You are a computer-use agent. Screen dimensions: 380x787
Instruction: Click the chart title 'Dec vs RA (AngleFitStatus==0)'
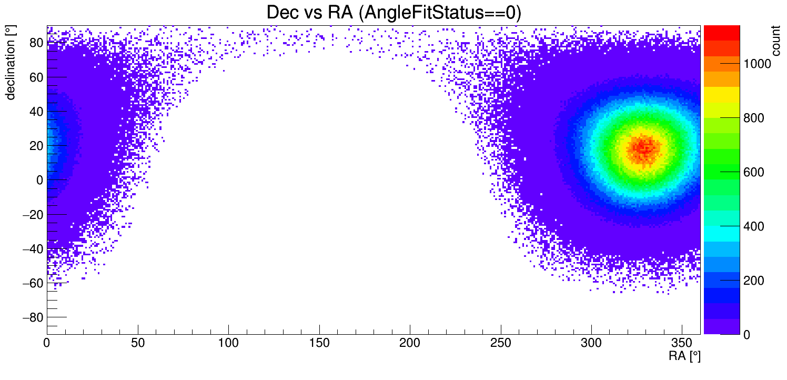coord(394,13)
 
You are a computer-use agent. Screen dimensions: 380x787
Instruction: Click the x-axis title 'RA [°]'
coord(684,356)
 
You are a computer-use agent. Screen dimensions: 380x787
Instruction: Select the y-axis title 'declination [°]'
coord(11,63)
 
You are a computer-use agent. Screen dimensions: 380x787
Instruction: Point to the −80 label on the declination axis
coord(32,317)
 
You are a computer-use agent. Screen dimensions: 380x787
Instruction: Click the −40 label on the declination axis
coord(32,248)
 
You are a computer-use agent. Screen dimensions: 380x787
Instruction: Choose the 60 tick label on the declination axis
coord(35,77)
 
